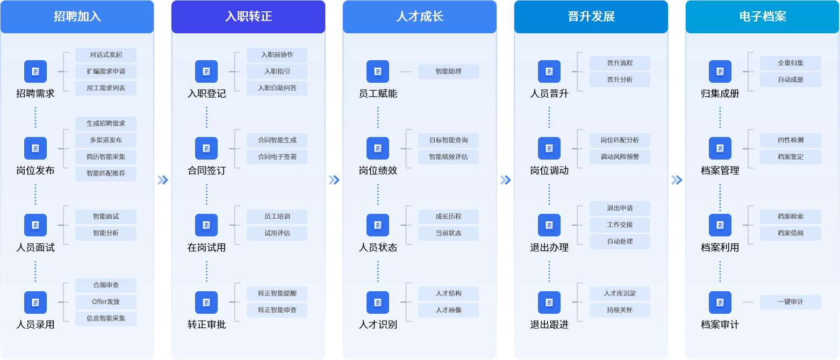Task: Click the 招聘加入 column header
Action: tap(77, 17)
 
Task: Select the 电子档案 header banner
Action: tap(763, 17)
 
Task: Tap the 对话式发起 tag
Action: tap(106, 55)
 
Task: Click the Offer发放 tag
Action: tap(106, 302)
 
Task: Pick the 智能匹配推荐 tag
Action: tap(106, 174)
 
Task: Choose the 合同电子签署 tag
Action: tap(277, 157)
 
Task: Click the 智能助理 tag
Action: tap(449, 71)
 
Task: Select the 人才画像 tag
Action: tap(449, 310)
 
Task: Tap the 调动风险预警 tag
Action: tap(620, 157)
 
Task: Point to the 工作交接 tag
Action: tap(620, 225)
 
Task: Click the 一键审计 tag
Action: tap(791, 302)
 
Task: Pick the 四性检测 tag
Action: tap(791, 140)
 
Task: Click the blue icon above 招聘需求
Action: tap(35, 71)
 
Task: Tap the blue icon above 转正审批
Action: tap(206, 303)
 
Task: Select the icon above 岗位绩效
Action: tap(378, 148)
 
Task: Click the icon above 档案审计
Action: tap(720, 303)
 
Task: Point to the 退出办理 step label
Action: tap(549, 248)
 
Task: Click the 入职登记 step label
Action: tap(206, 93)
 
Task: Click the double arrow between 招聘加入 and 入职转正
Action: tap(163, 180)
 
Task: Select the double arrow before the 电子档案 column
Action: tap(677, 180)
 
